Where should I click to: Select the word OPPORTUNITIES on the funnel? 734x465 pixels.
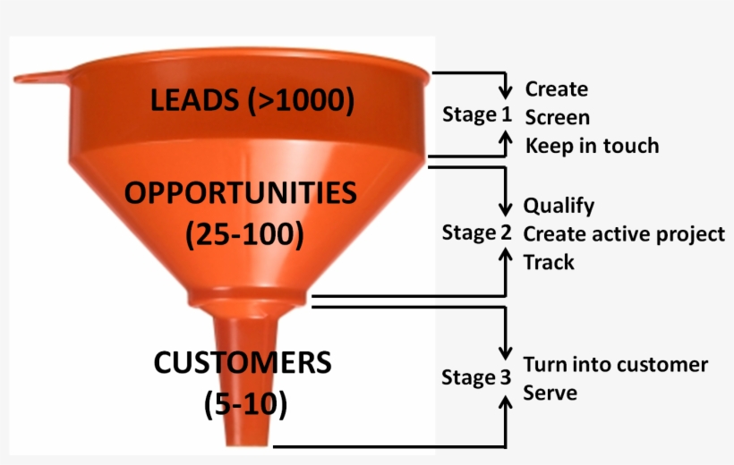241,193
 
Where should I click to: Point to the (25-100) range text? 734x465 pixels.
244,234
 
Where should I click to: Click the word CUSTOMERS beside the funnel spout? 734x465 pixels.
243,363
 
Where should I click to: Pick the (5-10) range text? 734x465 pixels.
245,404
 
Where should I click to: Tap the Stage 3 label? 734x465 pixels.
469,377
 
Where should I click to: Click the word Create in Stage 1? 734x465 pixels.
556,89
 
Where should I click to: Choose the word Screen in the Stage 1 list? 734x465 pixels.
557,117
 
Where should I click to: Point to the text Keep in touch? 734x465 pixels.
591,145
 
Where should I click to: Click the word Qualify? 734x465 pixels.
559,206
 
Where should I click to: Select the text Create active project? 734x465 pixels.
624,234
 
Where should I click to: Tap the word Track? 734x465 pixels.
549,262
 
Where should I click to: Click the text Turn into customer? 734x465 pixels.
615,365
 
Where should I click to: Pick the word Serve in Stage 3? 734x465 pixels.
550,393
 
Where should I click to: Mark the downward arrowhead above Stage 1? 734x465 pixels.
506,91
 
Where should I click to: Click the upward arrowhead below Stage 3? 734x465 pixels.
507,404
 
